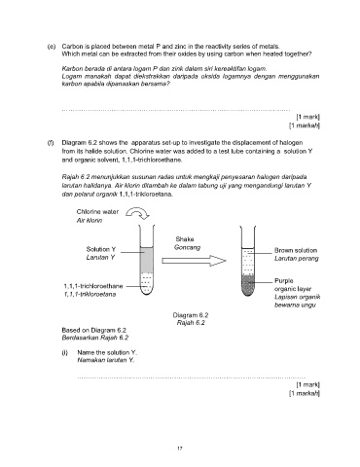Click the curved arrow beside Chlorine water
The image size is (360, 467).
137,211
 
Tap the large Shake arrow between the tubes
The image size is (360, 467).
194,261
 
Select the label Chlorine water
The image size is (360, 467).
97,212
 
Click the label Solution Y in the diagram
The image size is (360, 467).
101,249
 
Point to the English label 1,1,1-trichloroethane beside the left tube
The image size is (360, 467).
93,286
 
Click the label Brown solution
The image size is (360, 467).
296,250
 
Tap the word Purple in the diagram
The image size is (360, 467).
284,281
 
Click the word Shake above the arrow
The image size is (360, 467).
185,239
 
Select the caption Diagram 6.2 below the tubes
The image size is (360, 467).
191,315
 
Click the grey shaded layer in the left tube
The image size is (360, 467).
147,260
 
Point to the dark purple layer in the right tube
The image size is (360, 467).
248,285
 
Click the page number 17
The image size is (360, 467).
180,449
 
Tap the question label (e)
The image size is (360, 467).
52,47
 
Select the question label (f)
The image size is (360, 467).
51,143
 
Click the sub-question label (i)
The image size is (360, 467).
64,352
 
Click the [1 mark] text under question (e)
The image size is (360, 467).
308,117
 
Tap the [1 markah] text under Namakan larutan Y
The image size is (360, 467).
305,393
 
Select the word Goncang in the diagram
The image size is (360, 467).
188,247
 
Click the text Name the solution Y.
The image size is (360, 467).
107,352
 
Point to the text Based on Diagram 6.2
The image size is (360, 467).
94,330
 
